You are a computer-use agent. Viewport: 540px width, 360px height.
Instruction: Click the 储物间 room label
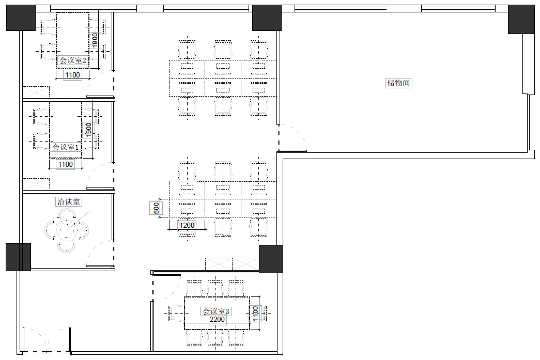click(398, 83)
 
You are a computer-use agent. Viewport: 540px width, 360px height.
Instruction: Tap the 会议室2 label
click(73, 60)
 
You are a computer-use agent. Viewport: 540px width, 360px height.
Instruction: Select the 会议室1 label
click(66, 147)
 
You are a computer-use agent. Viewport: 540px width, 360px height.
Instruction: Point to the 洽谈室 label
click(69, 201)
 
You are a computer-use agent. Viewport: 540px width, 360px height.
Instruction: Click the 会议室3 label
click(216, 311)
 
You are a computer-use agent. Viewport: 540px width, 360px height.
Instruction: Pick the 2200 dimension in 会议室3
click(218, 319)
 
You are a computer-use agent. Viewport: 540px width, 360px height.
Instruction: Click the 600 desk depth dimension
click(156, 208)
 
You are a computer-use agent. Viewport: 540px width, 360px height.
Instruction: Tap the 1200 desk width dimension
click(187, 225)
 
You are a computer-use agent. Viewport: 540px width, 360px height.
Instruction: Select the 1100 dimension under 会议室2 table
click(73, 75)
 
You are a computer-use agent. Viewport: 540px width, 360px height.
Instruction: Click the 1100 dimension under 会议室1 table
click(66, 165)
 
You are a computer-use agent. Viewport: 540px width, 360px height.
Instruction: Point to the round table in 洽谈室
click(67, 230)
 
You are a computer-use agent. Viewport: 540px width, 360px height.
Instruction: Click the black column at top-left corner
click(21, 18)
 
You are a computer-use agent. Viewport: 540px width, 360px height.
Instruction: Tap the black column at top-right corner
click(521, 19)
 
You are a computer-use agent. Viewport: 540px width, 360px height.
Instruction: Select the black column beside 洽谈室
click(18, 257)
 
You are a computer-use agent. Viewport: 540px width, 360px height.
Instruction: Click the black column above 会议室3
click(271, 259)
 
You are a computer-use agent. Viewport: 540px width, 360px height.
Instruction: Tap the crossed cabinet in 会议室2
click(36, 92)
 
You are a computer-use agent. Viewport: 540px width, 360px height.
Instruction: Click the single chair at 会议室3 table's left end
click(176, 314)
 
